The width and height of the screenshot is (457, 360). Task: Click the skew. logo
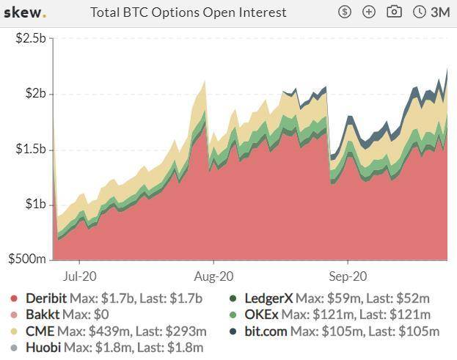click(25, 12)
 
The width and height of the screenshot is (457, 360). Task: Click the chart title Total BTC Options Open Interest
click(188, 12)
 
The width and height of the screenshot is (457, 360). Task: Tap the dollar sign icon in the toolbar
click(346, 12)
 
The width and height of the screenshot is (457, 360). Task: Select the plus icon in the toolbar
click(369, 12)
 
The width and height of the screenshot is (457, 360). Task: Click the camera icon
click(394, 12)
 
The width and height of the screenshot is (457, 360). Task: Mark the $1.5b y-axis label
click(32, 149)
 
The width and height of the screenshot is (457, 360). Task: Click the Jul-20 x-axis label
click(78, 277)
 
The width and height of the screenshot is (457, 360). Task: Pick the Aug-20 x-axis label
click(214, 277)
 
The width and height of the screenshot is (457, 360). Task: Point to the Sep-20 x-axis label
click(348, 277)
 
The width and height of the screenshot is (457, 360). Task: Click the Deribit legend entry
click(45, 298)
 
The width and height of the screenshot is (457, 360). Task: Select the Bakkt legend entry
click(43, 315)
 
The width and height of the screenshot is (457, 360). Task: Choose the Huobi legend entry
click(43, 348)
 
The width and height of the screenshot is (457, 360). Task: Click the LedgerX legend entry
click(267, 298)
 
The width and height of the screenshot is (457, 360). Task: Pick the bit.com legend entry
click(266, 331)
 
